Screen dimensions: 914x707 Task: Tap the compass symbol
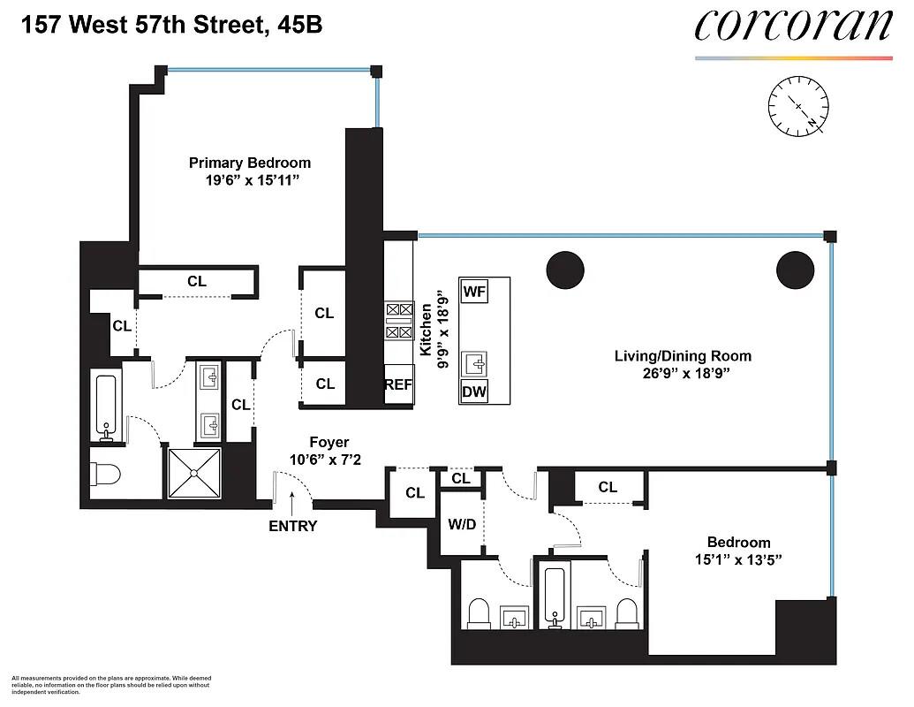(x=798, y=107)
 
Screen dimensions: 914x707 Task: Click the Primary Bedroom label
(x=250, y=163)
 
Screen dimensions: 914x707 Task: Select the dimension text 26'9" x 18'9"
(x=686, y=373)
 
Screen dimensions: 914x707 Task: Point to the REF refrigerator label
(x=398, y=384)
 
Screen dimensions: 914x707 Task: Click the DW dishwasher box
(x=473, y=392)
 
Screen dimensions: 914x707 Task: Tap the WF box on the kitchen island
(x=474, y=291)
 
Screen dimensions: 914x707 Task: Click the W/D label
(x=462, y=524)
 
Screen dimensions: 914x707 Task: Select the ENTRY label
(x=292, y=526)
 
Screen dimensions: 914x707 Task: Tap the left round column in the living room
(x=565, y=270)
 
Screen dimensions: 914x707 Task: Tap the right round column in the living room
(x=795, y=270)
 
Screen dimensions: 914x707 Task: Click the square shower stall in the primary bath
(x=194, y=473)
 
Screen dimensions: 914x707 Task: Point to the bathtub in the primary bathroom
(x=106, y=407)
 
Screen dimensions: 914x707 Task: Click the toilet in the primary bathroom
(x=105, y=474)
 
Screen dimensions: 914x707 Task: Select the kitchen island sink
(x=474, y=365)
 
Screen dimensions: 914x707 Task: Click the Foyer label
(x=329, y=443)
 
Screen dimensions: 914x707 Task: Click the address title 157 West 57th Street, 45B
(x=171, y=25)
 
